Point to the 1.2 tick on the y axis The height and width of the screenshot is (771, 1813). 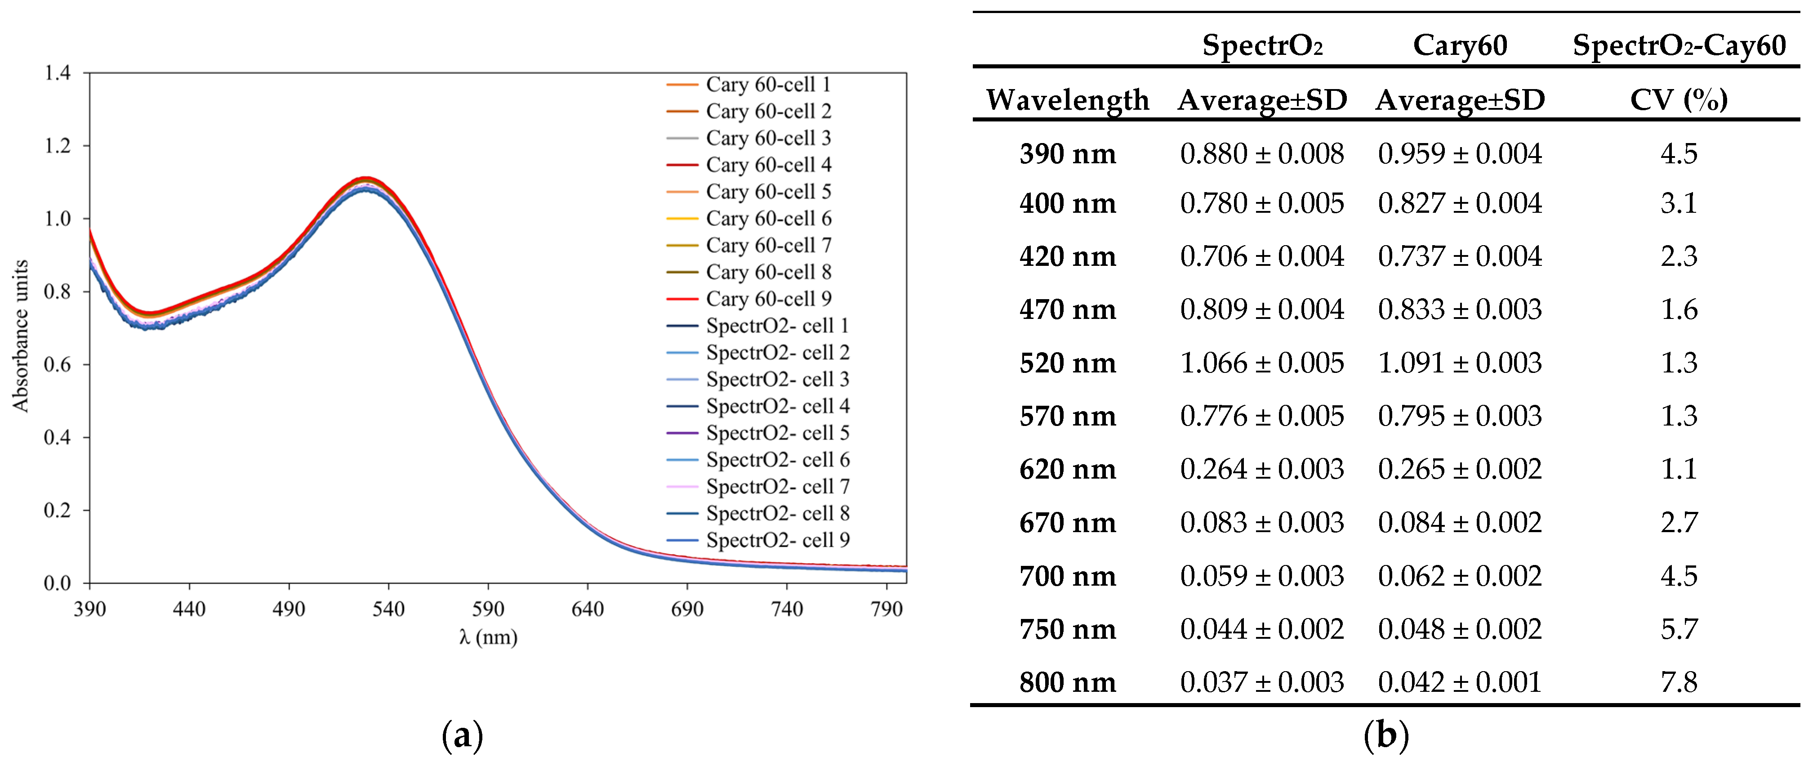(x=57, y=146)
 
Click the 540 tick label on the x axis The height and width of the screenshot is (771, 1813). (x=388, y=608)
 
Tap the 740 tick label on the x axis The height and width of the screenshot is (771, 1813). (x=786, y=608)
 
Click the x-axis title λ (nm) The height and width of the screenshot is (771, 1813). (x=488, y=637)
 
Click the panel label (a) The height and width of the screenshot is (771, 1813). (x=463, y=736)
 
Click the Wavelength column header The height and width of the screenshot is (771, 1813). (x=1067, y=100)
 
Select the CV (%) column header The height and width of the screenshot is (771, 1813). (x=1679, y=100)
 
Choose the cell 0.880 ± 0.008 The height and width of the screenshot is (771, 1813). (x=1262, y=153)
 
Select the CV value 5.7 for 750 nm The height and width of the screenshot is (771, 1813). (x=1679, y=629)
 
